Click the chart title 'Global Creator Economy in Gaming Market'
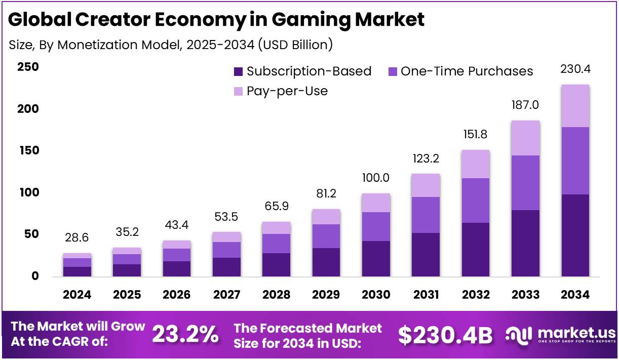[216, 19]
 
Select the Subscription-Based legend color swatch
[239, 72]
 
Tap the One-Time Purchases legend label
[467, 71]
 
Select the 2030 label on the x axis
[376, 295]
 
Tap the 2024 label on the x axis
[77, 295]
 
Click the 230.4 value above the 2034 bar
[575, 69]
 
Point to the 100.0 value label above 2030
[376, 178]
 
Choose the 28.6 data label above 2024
[77, 238]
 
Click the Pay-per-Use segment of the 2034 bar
[575, 106]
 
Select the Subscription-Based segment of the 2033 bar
[525, 243]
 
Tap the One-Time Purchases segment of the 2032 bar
[476, 201]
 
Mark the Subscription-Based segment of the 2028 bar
[276, 264]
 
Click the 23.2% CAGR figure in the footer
[185, 335]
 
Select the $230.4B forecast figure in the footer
[445, 335]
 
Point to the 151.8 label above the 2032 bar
[476, 135]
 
